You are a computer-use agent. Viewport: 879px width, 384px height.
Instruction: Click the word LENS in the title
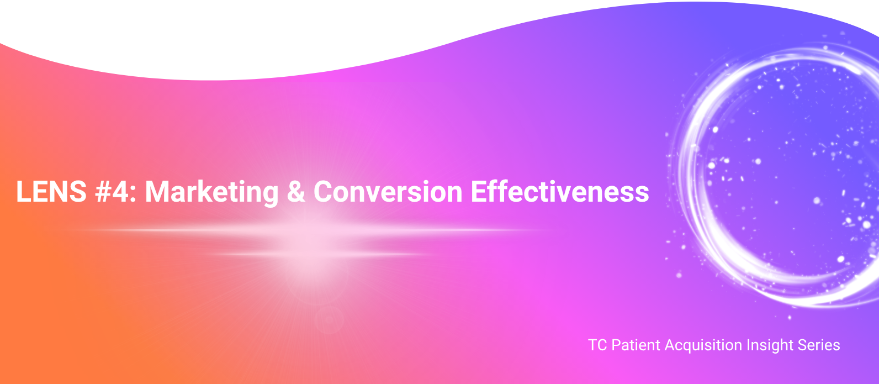click(51, 192)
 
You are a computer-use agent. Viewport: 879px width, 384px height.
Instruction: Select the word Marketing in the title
click(212, 193)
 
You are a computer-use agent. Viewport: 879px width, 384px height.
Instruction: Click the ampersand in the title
click(296, 192)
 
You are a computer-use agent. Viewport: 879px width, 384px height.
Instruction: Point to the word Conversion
click(388, 192)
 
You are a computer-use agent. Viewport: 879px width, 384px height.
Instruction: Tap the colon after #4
click(133, 194)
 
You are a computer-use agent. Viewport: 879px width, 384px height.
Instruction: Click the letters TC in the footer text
click(597, 345)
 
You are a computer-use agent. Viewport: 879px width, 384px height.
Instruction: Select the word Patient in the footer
click(636, 345)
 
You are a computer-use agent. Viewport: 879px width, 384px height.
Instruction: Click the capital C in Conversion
click(323, 192)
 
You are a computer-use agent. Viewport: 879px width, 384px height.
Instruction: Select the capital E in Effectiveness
click(478, 192)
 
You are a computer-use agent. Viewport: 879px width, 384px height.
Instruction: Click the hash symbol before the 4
click(103, 192)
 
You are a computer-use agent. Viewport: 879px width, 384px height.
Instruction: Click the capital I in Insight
click(749, 345)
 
